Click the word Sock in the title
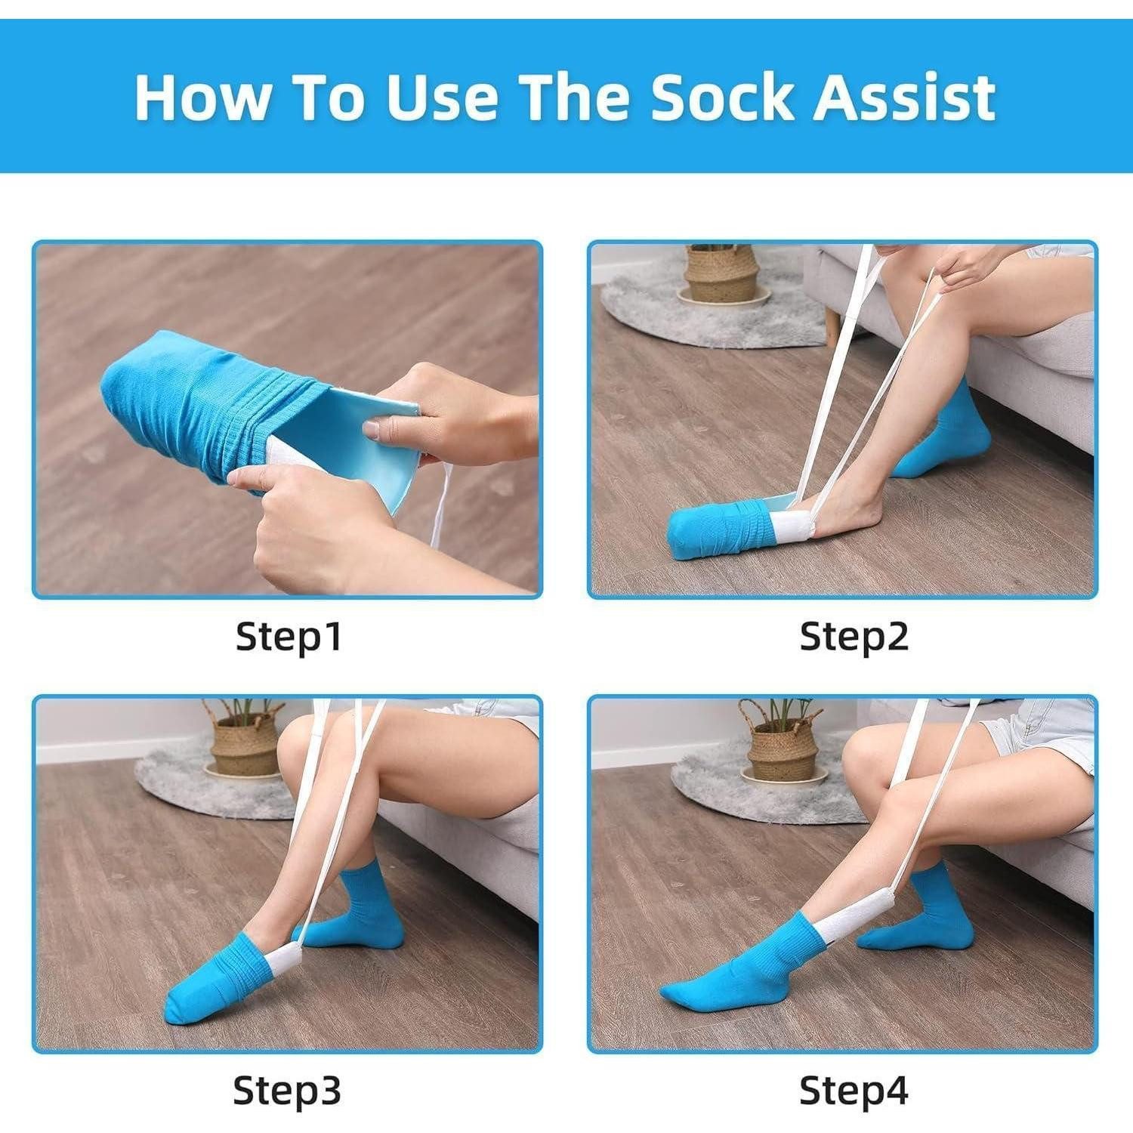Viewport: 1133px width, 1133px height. (721, 97)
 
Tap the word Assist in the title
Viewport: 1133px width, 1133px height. (904, 97)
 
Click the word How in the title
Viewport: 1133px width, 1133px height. (202, 97)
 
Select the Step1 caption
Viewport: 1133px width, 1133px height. (289, 636)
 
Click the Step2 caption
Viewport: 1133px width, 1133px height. (854, 636)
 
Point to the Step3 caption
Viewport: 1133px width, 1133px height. (287, 1090)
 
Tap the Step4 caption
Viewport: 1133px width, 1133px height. (854, 1090)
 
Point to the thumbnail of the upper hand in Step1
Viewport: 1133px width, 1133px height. (372, 429)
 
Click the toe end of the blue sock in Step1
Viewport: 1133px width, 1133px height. (121, 385)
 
